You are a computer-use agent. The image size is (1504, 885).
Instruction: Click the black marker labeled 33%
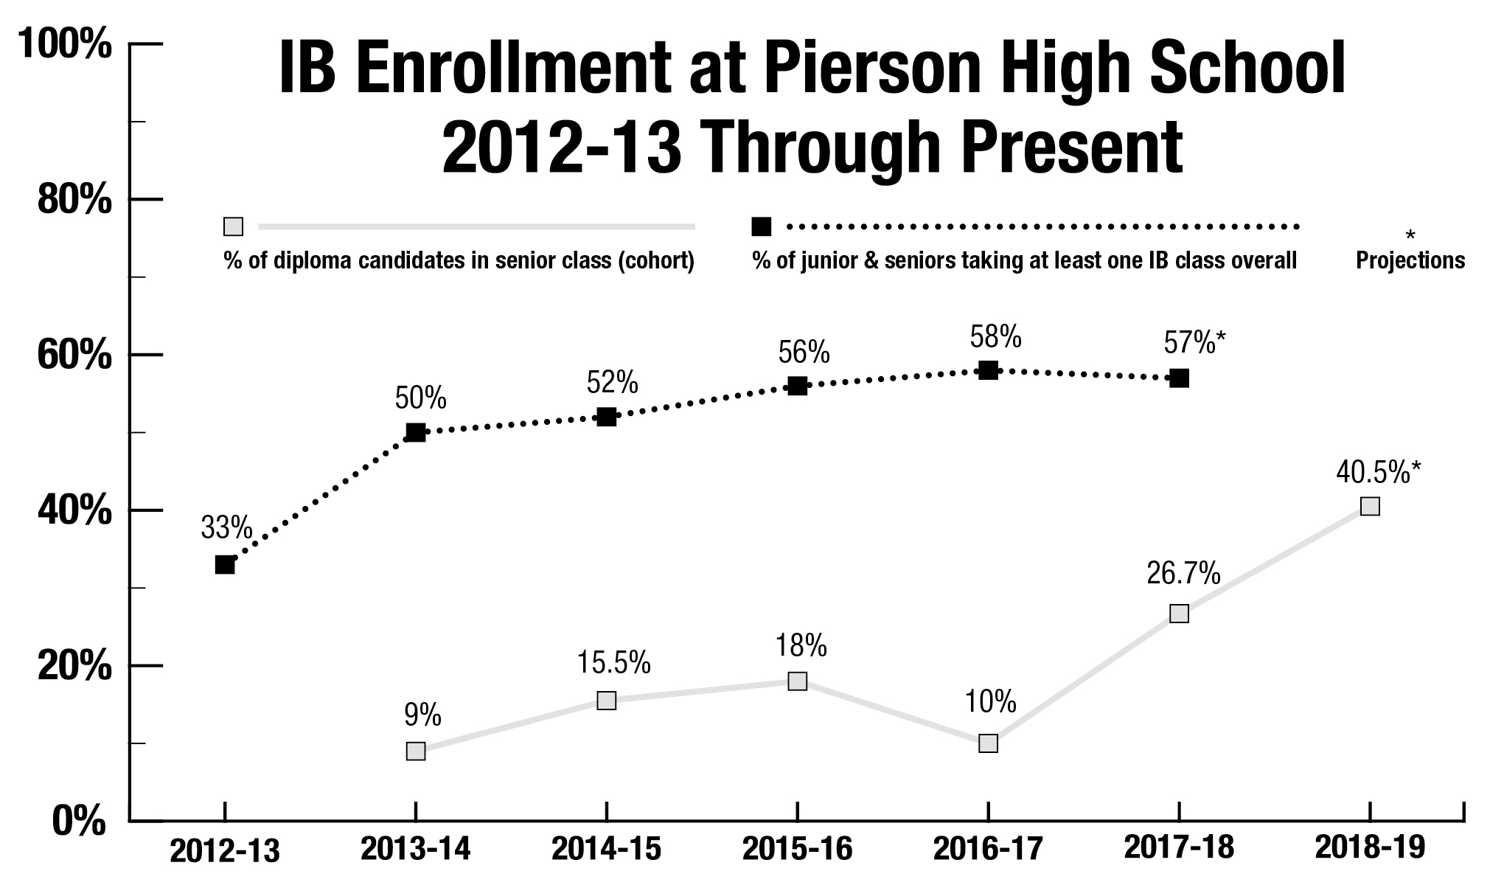coord(225,565)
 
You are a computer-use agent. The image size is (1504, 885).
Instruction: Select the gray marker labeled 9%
coord(416,751)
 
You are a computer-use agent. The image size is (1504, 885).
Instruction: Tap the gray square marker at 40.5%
coord(1370,506)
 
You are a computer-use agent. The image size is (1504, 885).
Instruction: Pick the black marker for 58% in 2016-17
coord(988,370)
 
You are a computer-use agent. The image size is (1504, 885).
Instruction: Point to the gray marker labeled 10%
coord(988,743)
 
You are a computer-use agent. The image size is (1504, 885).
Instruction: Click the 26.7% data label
coord(1183,573)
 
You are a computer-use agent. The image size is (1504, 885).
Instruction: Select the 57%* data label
coord(1194,342)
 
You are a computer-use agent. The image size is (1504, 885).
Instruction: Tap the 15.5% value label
coord(613,662)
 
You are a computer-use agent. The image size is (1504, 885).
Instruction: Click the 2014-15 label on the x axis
coord(606,849)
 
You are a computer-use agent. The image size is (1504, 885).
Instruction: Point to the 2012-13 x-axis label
coord(225,850)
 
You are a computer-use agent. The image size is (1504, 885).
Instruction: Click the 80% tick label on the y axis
coord(74,200)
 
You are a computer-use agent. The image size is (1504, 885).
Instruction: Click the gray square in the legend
coord(233,226)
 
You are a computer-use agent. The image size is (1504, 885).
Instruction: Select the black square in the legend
coord(761,226)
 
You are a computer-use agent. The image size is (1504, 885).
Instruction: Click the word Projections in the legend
coord(1410,260)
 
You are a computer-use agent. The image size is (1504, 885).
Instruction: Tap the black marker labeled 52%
coord(606,417)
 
